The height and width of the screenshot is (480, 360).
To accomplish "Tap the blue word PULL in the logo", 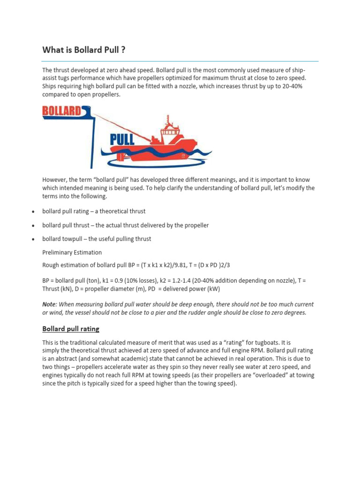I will click(121, 139).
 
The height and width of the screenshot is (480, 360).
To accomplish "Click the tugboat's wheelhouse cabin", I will click(170, 135).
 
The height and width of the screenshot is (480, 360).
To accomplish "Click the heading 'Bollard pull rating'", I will click(71, 329).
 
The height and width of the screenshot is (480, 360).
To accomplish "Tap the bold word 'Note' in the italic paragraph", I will click(50, 304).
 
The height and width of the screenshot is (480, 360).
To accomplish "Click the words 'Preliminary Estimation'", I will click(72, 252).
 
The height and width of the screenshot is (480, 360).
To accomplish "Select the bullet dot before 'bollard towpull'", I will click(32, 239).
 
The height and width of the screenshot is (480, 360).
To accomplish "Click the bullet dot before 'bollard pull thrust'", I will click(32, 225).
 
